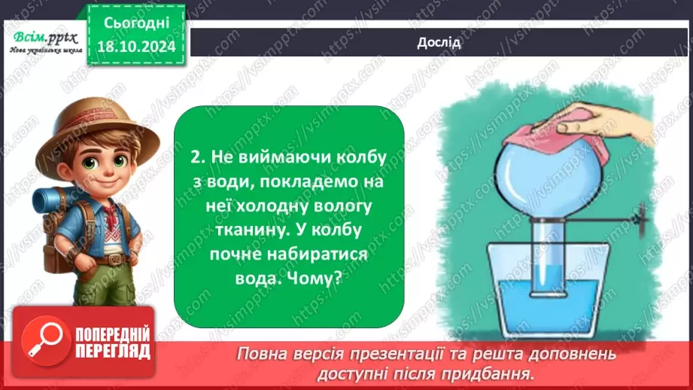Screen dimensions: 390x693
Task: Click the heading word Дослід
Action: point(438,41)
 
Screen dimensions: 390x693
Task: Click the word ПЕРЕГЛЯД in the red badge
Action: point(113,351)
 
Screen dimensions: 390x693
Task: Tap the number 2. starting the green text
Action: point(198,159)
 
